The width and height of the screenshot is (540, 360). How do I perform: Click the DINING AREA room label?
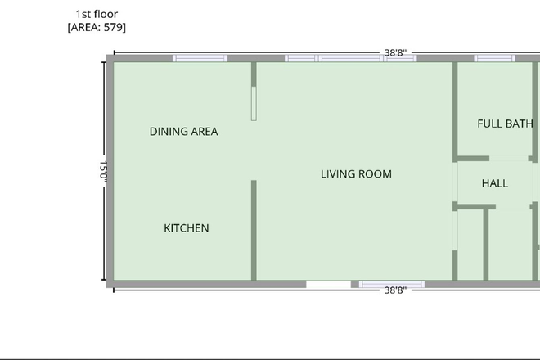click(183, 131)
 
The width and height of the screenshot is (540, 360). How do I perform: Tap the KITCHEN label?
click(187, 228)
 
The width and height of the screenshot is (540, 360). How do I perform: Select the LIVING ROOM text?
click(356, 174)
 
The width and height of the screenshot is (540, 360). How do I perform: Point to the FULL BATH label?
click(505, 124)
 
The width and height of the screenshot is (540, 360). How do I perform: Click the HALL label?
click(495, 183)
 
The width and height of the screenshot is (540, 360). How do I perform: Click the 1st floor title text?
click(97, 14)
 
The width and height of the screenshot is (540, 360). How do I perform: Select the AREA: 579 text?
click(97, 27)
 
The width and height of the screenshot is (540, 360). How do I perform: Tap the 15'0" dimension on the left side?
click(103, 170)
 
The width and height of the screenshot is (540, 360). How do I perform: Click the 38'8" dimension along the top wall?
click(395, 52)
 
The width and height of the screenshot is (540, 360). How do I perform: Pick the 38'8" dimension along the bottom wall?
click(395, 290)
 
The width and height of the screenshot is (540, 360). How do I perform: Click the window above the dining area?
click(200, 58)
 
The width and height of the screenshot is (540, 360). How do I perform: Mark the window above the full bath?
click(494, 58)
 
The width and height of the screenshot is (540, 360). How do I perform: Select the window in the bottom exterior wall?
click(392, 284)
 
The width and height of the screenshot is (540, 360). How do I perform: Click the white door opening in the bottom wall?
click(329, 284)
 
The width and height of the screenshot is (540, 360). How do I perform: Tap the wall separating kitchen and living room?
click(254, 230)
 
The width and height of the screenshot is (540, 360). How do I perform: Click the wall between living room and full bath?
click(455, 110)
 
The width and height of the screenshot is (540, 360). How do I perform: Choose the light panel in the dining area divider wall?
click(254, 104)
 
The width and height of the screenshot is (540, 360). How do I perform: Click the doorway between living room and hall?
click(455, 182)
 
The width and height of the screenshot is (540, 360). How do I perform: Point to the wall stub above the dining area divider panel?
click(254, 74)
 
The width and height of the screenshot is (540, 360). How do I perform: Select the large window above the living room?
click(350, 58)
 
